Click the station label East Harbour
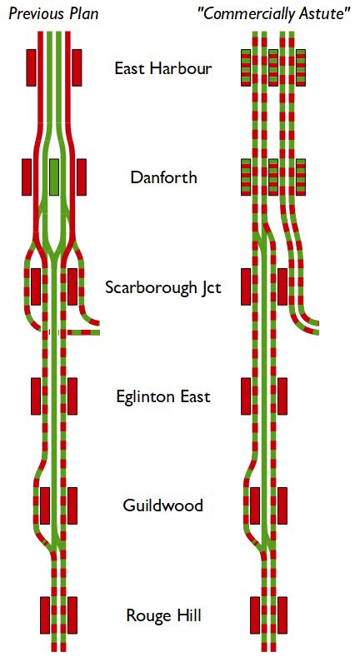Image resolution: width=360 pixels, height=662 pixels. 162,68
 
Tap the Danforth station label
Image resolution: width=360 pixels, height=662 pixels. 163,177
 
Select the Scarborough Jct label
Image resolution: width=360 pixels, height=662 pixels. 163,288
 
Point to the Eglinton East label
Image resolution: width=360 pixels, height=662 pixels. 163,397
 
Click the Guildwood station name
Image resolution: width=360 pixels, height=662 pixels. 162,505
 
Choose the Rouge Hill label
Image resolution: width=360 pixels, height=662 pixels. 163,615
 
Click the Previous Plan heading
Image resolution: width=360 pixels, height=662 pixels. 53,14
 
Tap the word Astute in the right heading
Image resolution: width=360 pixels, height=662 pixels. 325,14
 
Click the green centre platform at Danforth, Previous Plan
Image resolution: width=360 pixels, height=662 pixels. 53,177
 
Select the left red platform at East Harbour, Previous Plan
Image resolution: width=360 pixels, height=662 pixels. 32,67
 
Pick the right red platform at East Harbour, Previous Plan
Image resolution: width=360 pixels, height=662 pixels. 77,67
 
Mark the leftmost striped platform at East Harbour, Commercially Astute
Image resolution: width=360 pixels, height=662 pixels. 246,67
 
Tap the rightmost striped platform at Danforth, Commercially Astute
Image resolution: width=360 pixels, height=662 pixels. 301,177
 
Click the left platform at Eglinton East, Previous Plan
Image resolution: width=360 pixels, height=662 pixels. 36,396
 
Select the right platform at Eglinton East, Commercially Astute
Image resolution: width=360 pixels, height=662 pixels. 282,396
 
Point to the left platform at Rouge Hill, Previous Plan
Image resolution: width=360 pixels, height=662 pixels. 45,615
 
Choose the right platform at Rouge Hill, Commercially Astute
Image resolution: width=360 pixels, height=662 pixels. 282,615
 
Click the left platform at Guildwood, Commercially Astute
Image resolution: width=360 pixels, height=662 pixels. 255,505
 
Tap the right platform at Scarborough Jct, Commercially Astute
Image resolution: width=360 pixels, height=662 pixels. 282,286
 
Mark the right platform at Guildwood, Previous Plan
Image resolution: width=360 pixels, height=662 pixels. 72,505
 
